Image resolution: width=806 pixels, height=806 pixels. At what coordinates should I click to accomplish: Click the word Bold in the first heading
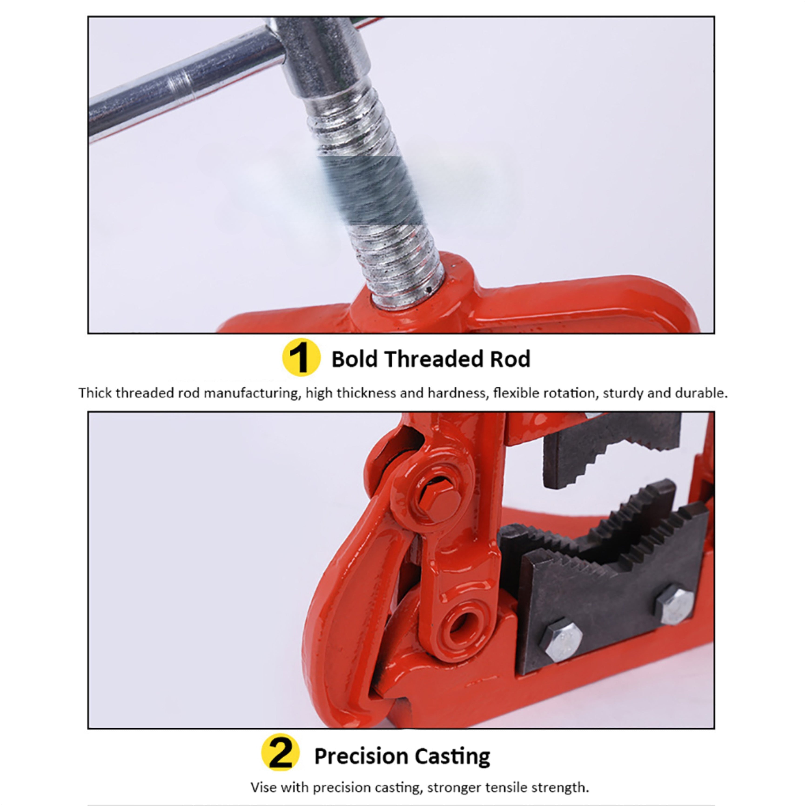tap(354, 359)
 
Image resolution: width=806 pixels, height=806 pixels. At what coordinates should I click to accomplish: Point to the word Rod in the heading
tap(510, 359)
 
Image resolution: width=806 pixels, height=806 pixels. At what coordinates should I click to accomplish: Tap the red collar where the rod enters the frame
tap(413, 300)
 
